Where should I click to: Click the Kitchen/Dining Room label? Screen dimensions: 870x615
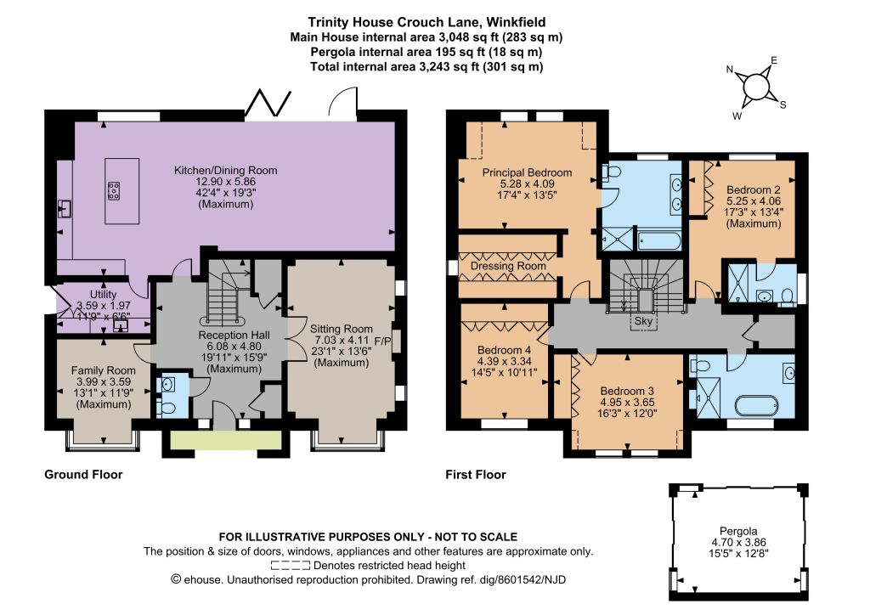tap(225, 171)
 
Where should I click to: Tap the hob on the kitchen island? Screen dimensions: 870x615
tap(115, 191)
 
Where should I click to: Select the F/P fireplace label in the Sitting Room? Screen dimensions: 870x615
tap(383, 340)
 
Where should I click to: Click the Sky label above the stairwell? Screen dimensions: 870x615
tap(643, 321)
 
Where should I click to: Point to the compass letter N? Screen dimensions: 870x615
tap(730, 70)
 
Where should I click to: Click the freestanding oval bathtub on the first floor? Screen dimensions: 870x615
tap(757, 405)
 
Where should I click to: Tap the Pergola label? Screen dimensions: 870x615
tap(738, 531)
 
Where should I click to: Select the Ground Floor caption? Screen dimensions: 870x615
tap(83, 475)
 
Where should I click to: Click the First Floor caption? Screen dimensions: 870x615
tap(476, 475)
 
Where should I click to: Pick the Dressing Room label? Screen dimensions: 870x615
tap(508, 266)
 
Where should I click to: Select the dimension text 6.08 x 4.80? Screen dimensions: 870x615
tap(234, 347)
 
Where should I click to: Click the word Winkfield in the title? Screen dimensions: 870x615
tap(518, 22)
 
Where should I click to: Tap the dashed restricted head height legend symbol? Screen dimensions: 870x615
tap(291, 566)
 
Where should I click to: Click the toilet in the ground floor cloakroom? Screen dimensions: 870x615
tap(166, 408)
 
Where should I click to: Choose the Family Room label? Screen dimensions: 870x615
tap(103, 370)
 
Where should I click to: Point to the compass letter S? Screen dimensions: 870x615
tap(782, 104)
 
